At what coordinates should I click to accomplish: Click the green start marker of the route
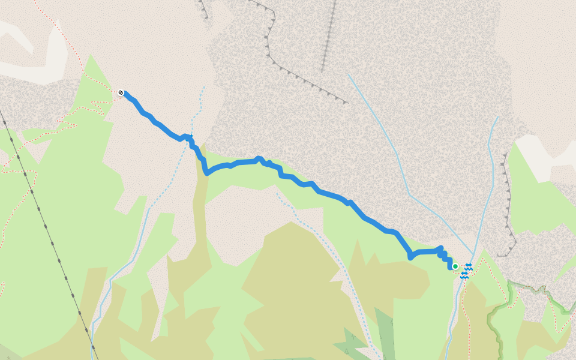coord(455,266)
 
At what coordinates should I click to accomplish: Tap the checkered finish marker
coord(121,92)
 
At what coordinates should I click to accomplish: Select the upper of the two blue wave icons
coord(469,266)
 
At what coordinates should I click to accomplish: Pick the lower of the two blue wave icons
coord(464,275)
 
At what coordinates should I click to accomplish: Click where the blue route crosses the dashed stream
coord(191,139)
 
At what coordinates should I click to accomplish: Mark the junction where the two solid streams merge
coord(474,255)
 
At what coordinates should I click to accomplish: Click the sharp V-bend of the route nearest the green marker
coord(410,257)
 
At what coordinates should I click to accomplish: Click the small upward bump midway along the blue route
coord(259,159)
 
